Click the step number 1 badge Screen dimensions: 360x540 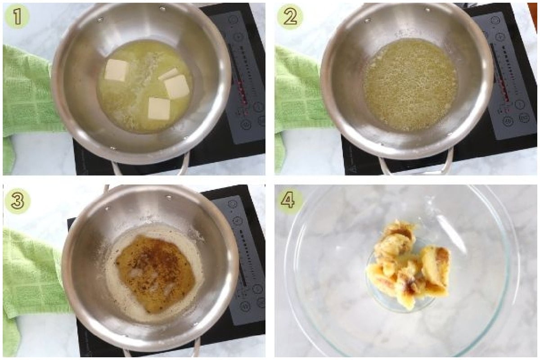tap(17, 18)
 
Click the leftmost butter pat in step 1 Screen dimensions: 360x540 tap(116, 70)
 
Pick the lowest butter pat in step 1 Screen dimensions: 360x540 tap(159, 108)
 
